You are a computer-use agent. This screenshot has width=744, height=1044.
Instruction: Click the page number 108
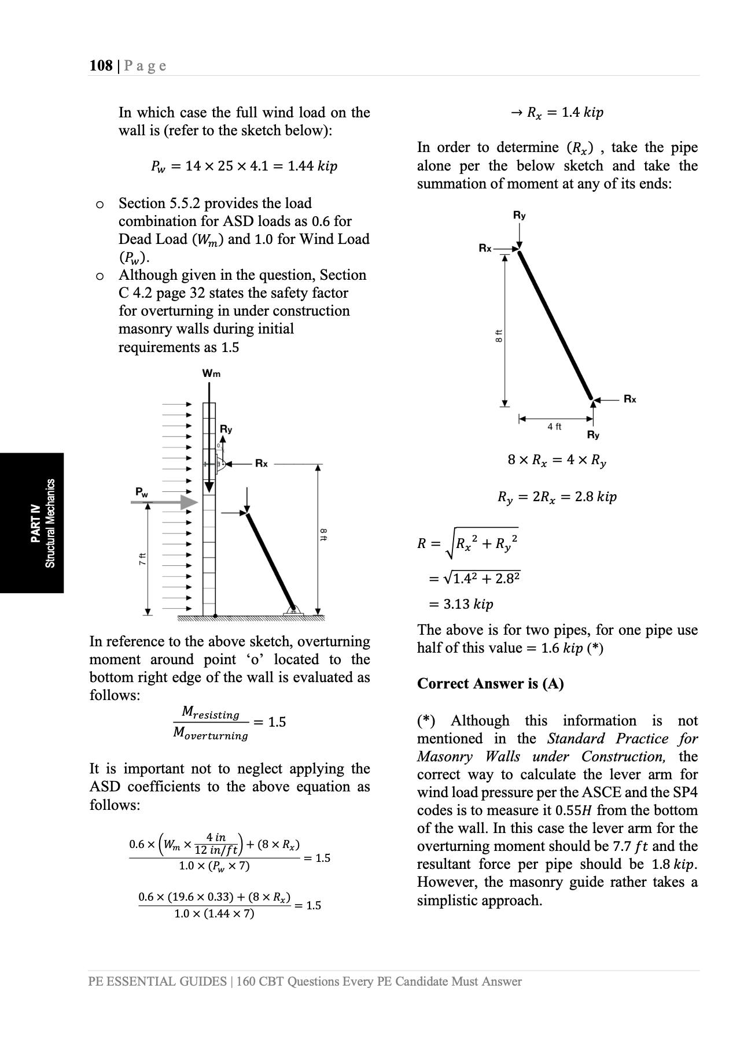tap(101, 66)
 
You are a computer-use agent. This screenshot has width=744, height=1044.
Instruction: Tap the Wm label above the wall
tap(211, 373)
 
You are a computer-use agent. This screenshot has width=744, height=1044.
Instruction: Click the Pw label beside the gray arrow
tap(141, 492)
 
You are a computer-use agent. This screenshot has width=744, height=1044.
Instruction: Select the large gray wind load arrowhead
tap(189, 502)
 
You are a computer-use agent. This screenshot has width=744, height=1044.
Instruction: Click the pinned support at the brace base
tap(293, 609)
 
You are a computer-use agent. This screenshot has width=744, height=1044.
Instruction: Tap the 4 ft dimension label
tap(554, 427)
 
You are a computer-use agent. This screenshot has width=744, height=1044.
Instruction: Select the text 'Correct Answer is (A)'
tap(490, 683)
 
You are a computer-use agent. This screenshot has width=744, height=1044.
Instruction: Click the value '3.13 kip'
tap(468, 604)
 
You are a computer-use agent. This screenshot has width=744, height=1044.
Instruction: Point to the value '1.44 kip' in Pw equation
tap(312, 166)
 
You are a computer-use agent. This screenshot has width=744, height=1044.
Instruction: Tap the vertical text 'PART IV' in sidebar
tap(35, 523)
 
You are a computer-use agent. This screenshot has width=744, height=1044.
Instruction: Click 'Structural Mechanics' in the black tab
tap(50, 523)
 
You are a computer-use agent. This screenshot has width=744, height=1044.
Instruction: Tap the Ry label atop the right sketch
tap(519, 215)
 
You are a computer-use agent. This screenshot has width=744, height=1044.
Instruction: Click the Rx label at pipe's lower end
tap(629, 399)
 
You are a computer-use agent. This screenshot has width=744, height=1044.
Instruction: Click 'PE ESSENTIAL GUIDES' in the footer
tap(157, 981)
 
